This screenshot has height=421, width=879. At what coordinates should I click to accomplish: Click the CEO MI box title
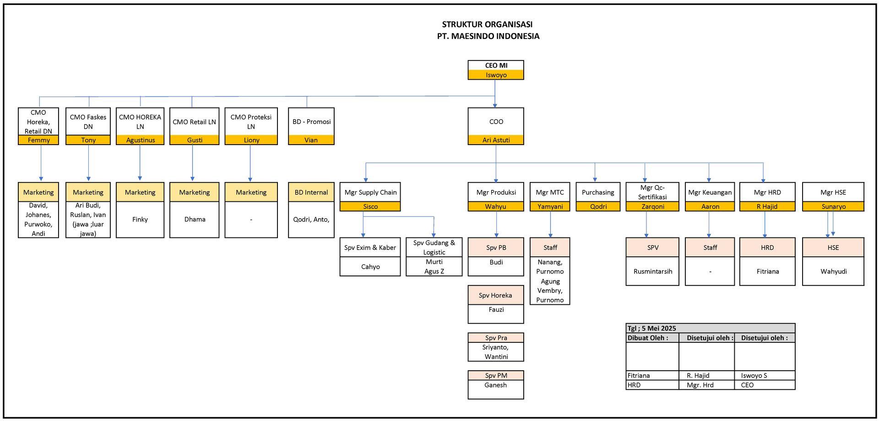496,65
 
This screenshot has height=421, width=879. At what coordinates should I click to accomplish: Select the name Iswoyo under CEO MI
496,75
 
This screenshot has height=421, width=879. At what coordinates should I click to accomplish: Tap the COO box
496,122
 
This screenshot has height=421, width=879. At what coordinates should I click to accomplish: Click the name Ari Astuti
496,140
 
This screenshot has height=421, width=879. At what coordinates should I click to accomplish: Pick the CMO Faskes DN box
88,122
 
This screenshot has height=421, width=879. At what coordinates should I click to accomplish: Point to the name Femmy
38,140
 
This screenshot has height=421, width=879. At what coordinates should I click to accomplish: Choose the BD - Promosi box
311,122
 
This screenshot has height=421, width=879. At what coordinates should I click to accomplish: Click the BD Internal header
311,192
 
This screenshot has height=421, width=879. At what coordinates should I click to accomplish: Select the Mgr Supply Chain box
370,192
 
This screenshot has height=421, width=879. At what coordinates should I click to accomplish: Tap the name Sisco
370,206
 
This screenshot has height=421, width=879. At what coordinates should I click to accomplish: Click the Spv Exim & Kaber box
370,248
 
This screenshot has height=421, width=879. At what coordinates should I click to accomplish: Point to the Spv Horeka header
495,295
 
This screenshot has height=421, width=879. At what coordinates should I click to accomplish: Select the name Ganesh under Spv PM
495,385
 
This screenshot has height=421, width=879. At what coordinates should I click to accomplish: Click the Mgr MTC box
550,192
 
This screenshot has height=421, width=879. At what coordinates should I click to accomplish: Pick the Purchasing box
598,192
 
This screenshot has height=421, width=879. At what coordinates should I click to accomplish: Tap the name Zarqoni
653,206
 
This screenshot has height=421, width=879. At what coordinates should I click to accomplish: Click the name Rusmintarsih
653,271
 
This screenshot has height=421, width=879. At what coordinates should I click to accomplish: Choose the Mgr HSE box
833,192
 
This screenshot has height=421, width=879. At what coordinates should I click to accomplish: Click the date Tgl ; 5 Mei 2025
651,328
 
